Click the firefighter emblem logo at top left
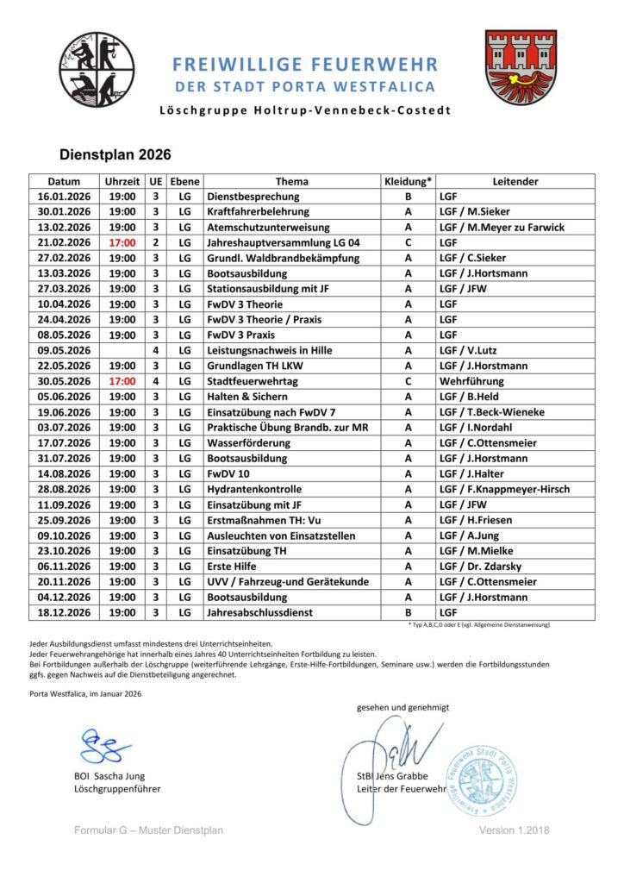pos(97,70)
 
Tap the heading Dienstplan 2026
pos(115,155)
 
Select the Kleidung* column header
pos(407,182)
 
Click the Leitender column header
pos(515,182)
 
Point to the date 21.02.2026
pos(65,243)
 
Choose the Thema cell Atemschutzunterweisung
pos(268,228)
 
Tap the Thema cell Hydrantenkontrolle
pos(255,490)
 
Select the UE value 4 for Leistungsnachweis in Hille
pos(156,351)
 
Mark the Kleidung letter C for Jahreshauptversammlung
pos(407,243)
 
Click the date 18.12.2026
pos(65,613)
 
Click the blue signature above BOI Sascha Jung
pos(105,747)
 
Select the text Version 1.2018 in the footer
pos(515,830)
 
